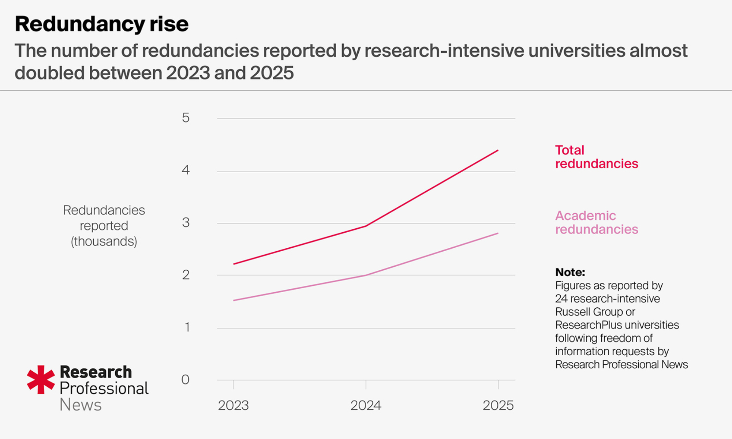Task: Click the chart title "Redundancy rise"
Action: click(102, 24)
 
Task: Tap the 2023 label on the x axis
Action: click(234, 405)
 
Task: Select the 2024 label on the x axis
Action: click(366, 405)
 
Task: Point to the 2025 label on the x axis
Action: click(498, 405)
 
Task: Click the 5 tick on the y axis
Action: click(186, 118)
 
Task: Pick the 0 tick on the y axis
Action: click(186, 380)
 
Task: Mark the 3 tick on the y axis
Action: click(186, 222)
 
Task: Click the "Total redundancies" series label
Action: click(596, 157)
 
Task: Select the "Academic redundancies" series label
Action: click(596, 222)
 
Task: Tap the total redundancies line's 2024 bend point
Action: click(366, 226)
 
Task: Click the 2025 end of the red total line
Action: click(498, 150)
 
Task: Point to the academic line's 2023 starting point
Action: click(234, 300)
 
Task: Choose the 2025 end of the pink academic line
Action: click(498, 233)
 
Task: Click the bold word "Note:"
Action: click(570, 272)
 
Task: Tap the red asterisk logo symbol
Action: click(41, 380)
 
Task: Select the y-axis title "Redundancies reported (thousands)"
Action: click(104, 226)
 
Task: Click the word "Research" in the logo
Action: click(96, 372)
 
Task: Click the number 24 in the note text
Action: click(561, 299)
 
